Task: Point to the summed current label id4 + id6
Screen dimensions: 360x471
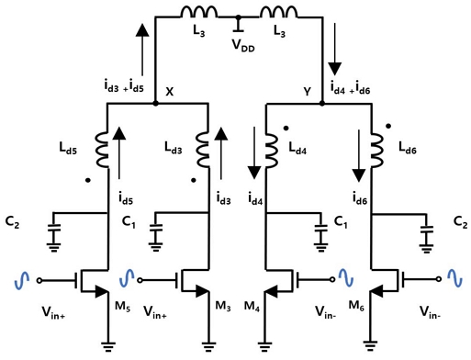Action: pyautogui.click(x=353, y=88)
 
